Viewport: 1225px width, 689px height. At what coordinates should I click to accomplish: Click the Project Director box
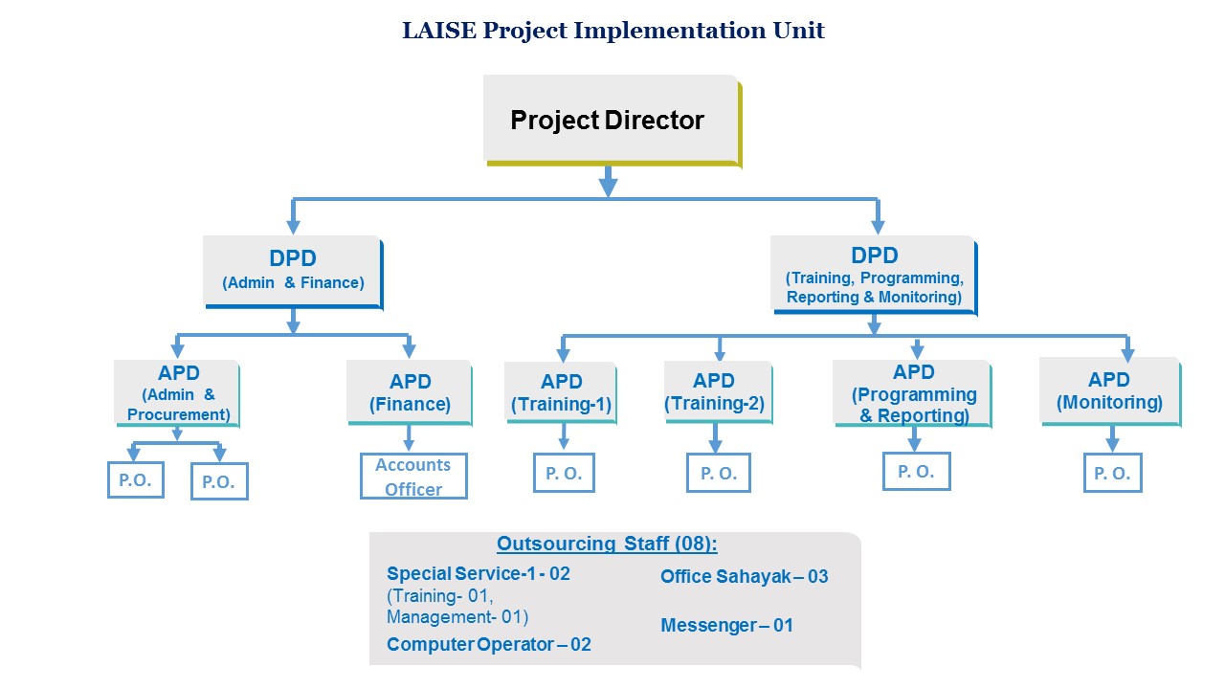[610, 120]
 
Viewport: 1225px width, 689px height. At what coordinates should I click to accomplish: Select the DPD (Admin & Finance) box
[293, 271]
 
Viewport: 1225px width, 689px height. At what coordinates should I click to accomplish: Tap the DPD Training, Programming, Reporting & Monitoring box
[874, 275]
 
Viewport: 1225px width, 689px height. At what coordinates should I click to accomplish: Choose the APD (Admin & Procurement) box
[177, 392]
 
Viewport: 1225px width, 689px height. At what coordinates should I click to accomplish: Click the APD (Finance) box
[410, 392]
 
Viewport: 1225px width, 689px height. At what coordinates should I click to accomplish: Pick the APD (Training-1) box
[562, 392]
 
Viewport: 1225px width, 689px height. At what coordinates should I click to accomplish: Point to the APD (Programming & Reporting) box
[913, 393]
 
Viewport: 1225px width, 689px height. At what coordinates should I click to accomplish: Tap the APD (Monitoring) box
[1110, 391]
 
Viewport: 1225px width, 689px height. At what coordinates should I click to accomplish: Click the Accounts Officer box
[413, 477]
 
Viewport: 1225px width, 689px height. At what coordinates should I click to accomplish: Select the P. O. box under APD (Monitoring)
[1112, 473]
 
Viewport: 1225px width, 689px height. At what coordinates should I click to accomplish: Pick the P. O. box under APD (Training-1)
[564, 473]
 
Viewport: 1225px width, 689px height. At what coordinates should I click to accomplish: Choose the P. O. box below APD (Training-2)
[718, 473]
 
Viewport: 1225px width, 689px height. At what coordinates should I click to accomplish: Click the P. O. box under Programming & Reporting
[916, 471]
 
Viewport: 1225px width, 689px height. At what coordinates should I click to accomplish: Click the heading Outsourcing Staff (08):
[607, 545]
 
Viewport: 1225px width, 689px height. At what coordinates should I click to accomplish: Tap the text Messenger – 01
[726, 626]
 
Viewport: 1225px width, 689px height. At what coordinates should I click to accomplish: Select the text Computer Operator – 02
[488, 645]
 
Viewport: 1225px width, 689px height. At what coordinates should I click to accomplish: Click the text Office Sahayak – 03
[744, 577]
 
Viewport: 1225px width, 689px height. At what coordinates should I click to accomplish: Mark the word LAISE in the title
[438, 31]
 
